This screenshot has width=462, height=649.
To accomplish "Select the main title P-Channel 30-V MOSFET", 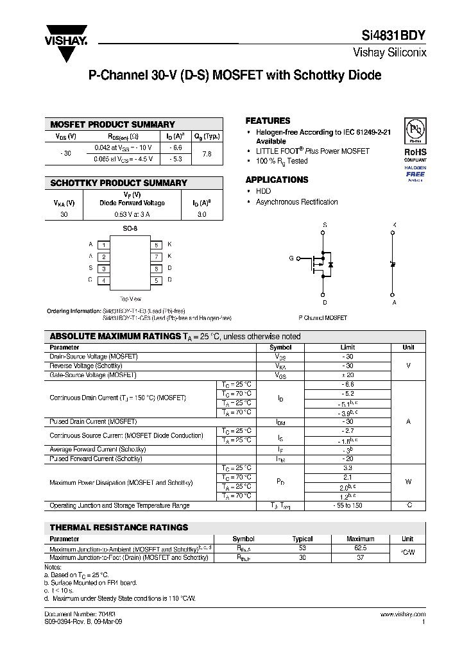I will (234, 75).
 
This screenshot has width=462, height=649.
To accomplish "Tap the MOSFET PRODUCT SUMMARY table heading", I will (113, 124).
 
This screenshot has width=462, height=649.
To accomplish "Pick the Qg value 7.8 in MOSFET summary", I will (207, 154).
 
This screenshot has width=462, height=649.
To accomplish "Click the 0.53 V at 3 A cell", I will (132, 214).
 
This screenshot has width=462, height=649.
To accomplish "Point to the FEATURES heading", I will (268, 121).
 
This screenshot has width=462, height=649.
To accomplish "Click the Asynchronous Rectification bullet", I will (296, 202).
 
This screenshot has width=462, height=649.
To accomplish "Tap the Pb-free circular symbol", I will (415, 131).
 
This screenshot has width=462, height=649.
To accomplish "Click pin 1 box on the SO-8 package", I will (104, 245).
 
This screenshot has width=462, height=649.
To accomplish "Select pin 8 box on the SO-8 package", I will (155, 245).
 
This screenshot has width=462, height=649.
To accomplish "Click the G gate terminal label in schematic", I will (291, 258).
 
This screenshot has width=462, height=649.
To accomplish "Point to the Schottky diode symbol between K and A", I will (394, 264).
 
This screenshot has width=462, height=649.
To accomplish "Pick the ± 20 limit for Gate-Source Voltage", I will (346, 375).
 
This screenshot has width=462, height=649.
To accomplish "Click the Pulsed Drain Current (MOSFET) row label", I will (93, 421).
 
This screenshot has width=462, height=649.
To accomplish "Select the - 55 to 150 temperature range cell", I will (346, 505).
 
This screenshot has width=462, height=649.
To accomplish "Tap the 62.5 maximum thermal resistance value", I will (360, 548).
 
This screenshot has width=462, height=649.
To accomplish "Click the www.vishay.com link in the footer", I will (402, 614).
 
